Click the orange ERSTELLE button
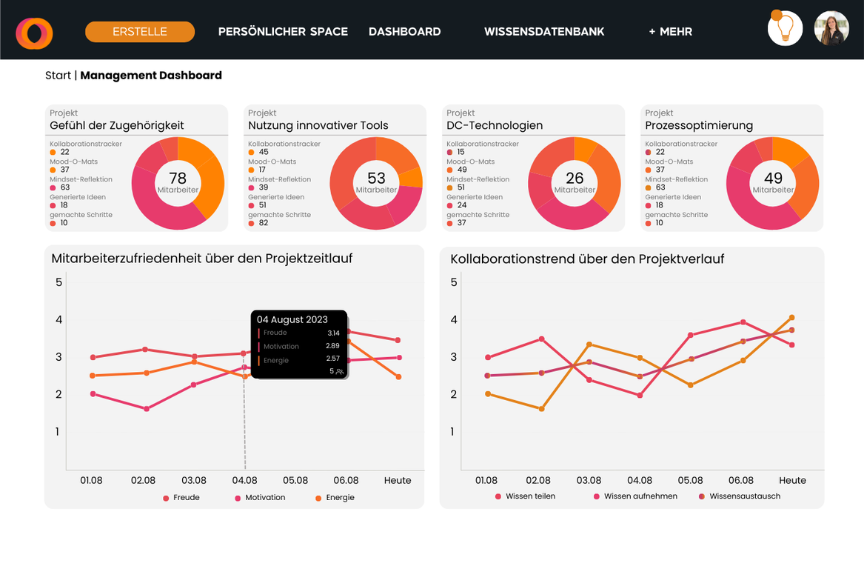point(140,32)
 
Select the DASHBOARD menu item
point(404,32)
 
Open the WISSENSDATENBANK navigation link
point(544,32)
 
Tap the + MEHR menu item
point(670,32)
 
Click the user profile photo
point(831,29)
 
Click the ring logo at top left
point(34,33)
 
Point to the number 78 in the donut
point(178,178)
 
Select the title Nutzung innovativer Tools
point(318,125)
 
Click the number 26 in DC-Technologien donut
point(575,178)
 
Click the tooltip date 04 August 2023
point(292,319)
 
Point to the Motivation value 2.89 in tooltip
point(332,346)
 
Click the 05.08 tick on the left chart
point(295,480)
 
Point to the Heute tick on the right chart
point(792,480)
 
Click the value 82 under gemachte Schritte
point(264,223)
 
